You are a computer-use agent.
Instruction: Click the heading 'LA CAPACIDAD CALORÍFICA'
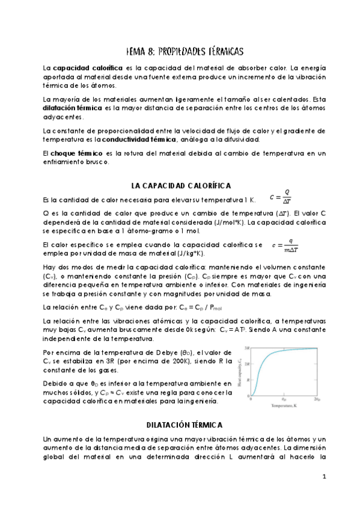click(181, 186)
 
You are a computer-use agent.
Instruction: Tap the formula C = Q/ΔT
click(279, 197)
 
